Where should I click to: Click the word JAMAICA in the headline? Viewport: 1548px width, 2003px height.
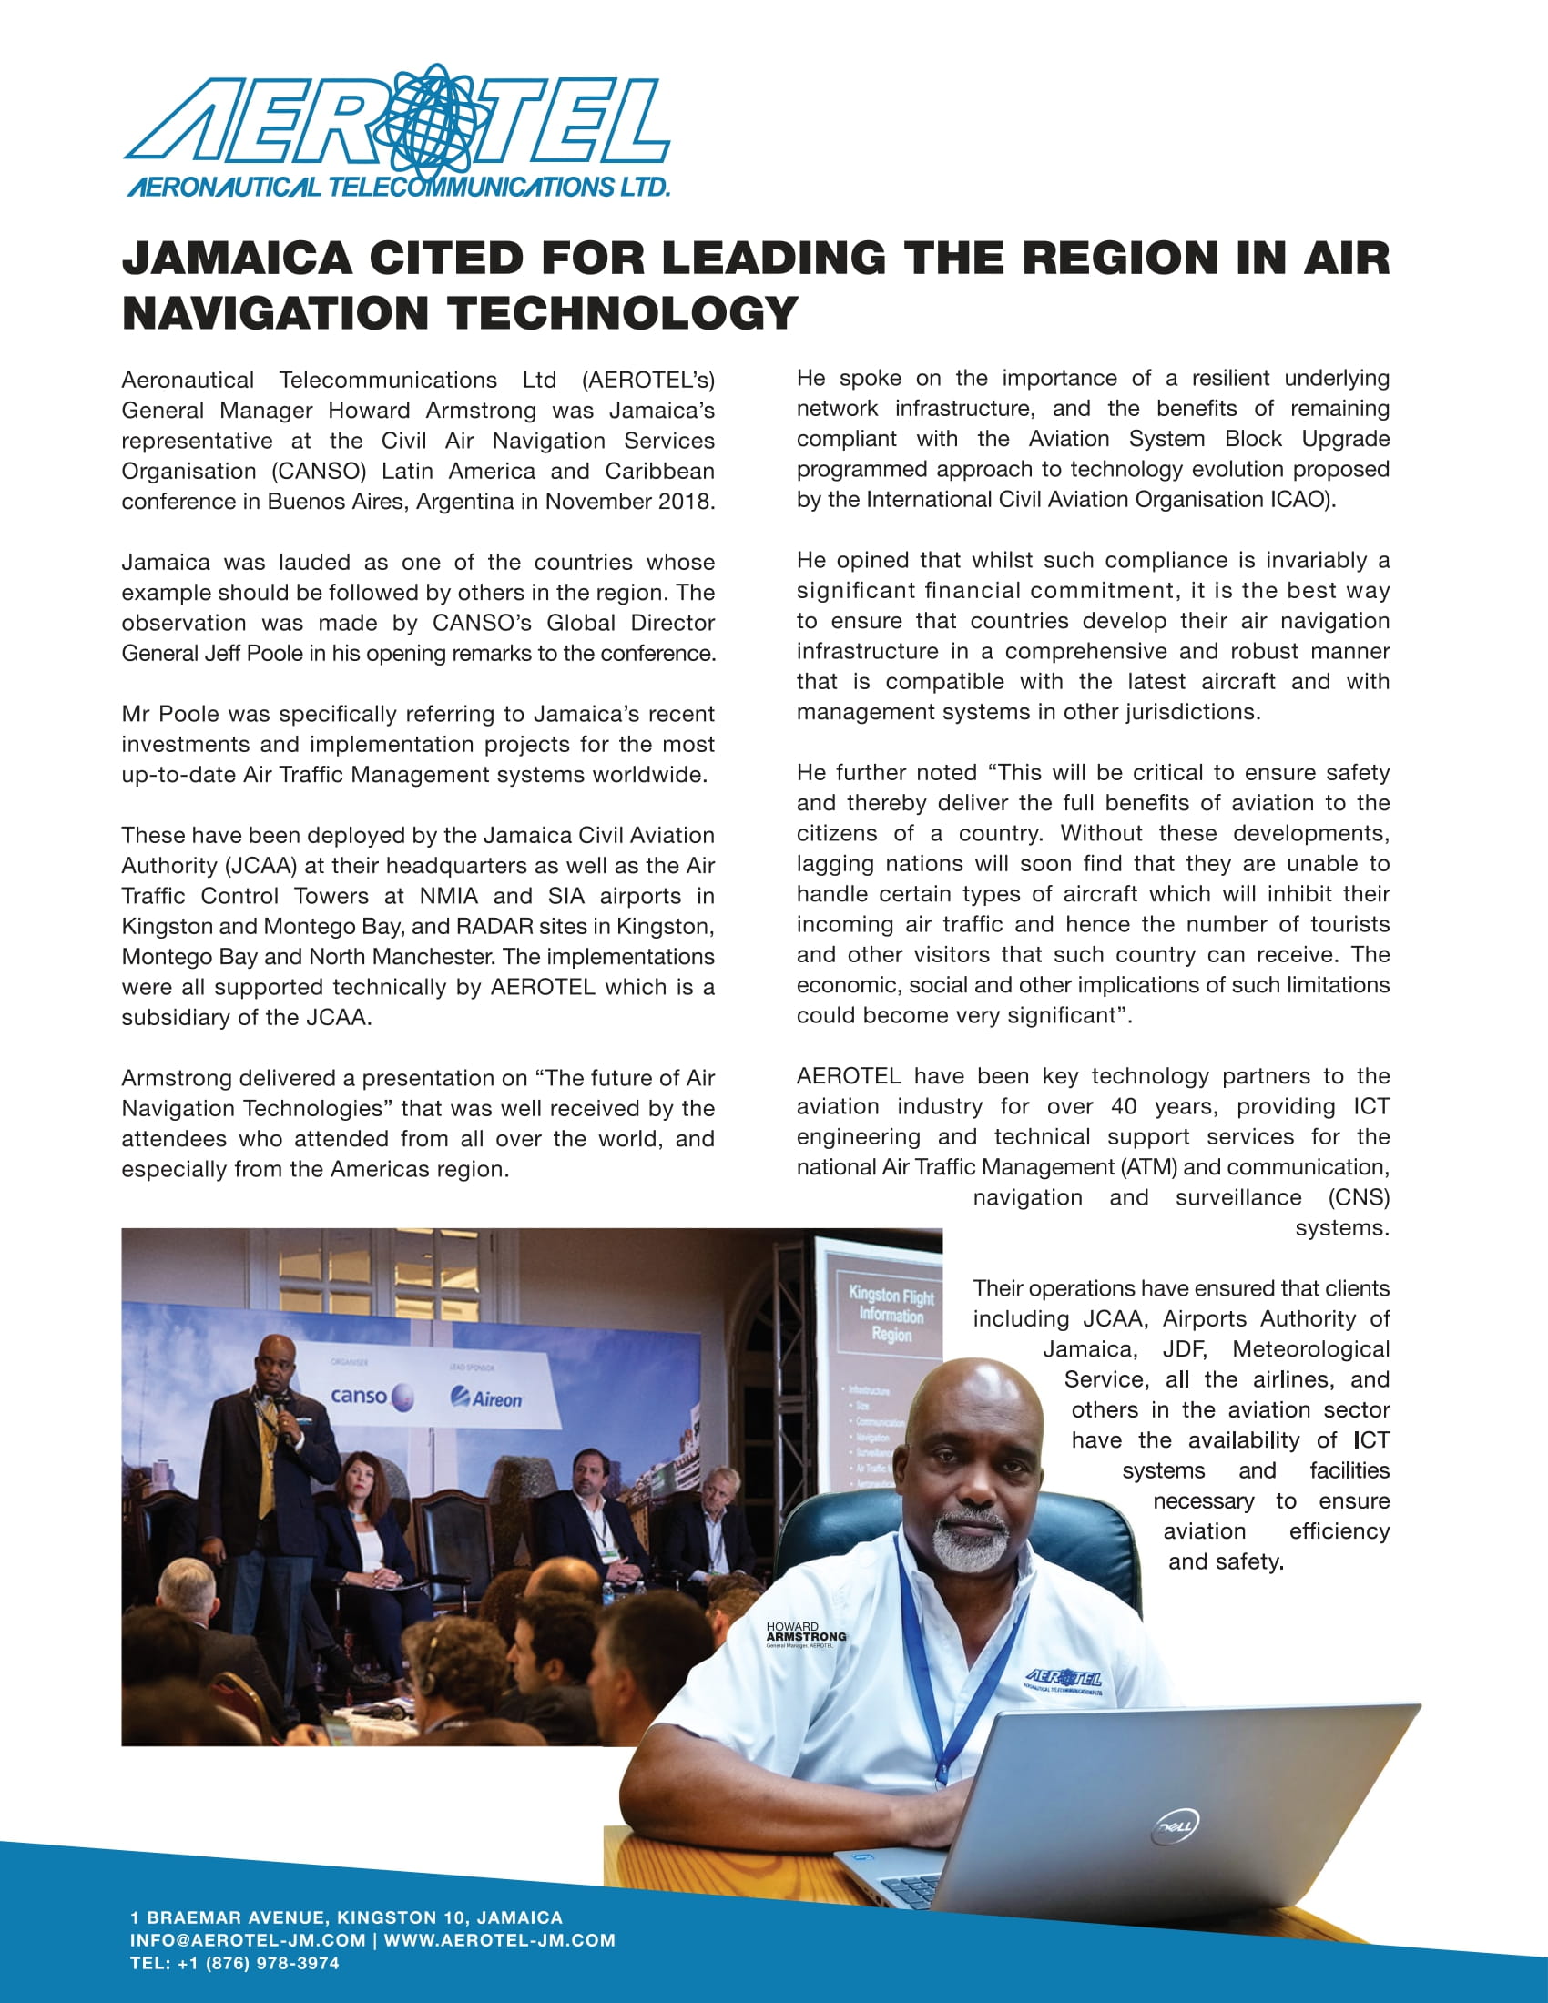coord(237,258)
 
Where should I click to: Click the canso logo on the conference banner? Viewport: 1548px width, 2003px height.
coord(371,1397)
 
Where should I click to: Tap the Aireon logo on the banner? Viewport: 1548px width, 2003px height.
coord(487,1398)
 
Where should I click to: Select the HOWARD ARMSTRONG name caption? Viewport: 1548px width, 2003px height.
coord(806,1633)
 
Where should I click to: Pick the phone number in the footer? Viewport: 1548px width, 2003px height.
coord(234,1963)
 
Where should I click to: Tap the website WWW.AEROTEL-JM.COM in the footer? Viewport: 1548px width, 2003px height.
coord(499,1939)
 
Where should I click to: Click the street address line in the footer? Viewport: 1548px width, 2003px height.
coord(347,1917)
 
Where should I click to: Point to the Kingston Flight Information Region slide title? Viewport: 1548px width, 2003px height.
coord(891,1313)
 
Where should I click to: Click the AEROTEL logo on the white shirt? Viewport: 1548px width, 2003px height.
coord(1064,1679)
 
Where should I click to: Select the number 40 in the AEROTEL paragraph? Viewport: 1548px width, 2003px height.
coord(1124,1106)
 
